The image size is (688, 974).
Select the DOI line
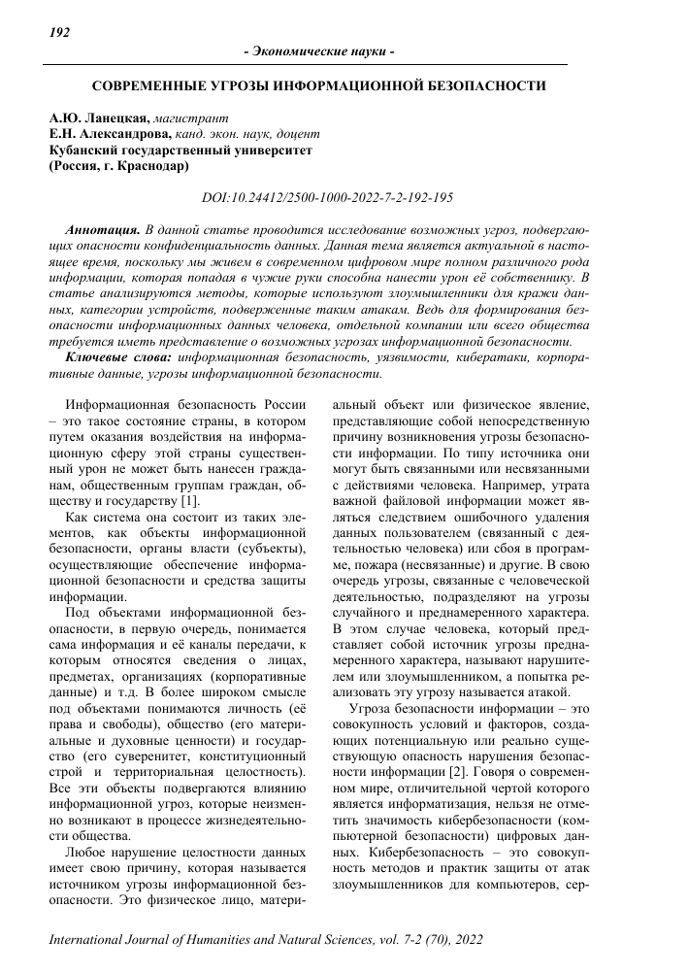tap(327, 197)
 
